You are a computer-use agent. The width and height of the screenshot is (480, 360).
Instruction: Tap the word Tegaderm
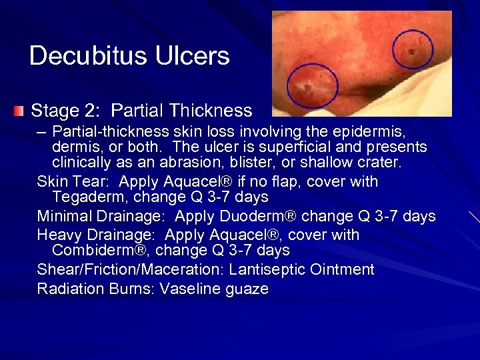[x=85, y=197]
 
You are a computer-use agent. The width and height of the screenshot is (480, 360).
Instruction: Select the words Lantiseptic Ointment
[x=301, y=270]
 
